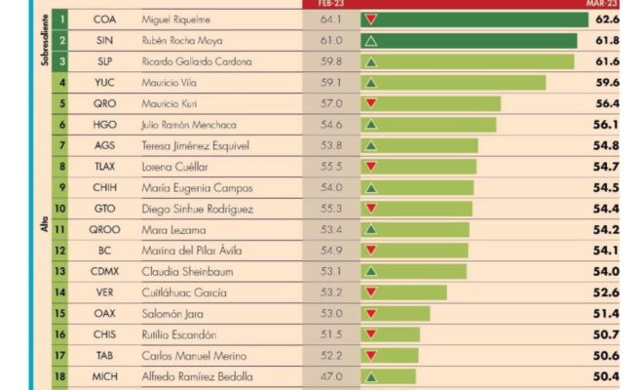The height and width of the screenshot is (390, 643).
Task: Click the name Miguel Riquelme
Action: pos(176,19)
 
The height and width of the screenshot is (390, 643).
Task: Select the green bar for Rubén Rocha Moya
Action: pos(469,41)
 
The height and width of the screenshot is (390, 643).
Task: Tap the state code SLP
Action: pos(105,61)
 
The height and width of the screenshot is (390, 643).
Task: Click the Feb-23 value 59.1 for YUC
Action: pos(331,83)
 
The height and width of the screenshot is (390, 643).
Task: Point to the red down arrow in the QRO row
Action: pos(371,103)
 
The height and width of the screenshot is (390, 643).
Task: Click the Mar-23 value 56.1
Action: pos(606,125)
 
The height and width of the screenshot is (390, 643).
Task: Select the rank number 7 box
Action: pos(59,145)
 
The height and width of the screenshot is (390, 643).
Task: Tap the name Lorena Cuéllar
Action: pos(174,167)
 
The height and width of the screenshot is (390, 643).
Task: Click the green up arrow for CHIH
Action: pos(371,188)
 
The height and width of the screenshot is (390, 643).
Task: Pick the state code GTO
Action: pos(104,209)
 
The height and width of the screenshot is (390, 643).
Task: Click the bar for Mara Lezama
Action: pos(415,229)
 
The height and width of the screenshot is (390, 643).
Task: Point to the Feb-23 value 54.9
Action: pos(331,251)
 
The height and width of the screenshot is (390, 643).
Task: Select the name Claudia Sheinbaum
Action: pos(187,272)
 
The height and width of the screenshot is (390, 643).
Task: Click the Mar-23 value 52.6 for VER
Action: pos(606,292)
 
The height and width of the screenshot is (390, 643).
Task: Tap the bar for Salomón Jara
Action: pos(396,314)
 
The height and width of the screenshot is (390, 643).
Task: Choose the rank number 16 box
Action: pos(59,334)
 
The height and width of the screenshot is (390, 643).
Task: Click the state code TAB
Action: pos(104,356)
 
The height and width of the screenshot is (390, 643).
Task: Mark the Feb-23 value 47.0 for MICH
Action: pos(331,376)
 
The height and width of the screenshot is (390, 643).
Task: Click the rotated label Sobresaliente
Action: pos(45,40)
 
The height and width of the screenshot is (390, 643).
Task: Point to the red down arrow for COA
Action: pos(371,19)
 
